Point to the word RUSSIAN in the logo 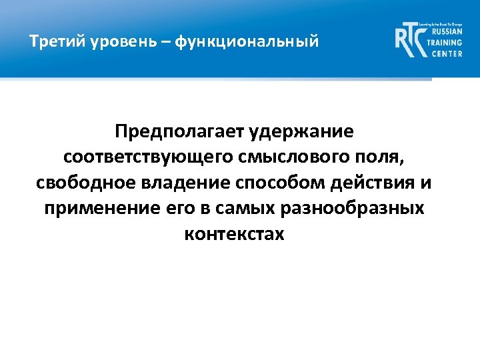click(x=446, y=31)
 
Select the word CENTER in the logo click(x=445, y=53)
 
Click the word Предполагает click(x=179, y=131)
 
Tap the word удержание click(x=301, y=131)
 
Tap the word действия click(x=382, y=183)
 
